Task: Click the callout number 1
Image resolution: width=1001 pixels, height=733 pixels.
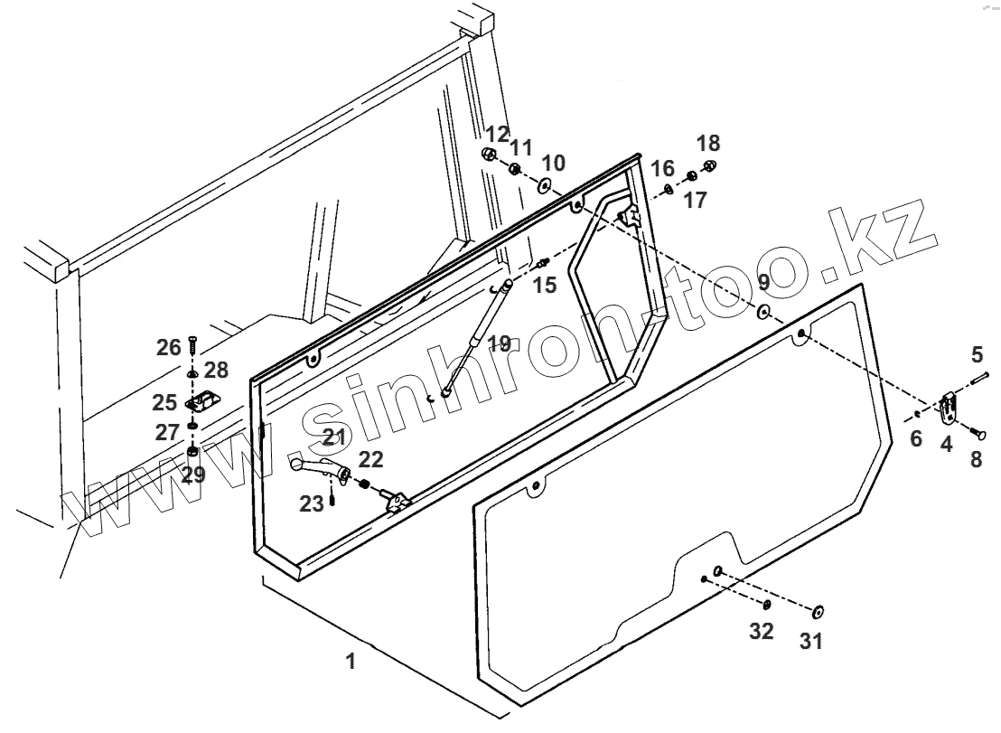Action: pos(351,662)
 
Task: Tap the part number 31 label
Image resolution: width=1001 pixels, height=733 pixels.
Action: pos(810,641)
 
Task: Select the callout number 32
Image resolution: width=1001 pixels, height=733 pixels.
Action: pos(762,631)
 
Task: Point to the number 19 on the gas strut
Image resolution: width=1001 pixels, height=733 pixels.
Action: pos(500,343)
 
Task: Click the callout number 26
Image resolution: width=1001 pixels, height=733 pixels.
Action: pos(169,347)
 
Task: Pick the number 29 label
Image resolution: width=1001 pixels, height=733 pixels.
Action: pos(193,475)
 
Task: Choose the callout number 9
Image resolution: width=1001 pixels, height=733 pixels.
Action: pos(763,282)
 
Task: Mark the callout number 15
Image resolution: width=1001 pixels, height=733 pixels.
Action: pos(545,285)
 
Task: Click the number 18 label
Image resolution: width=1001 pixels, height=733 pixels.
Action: pos(708,143)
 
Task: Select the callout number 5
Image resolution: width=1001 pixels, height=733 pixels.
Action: pos(977,352)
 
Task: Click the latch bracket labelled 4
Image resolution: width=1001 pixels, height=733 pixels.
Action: pos(947,409)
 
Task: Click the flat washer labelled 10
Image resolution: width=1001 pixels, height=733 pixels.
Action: pos(546,186)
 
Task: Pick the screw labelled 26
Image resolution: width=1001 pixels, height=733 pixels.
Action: pos(192,347)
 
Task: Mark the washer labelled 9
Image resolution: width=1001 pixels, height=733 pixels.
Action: pos(763,313)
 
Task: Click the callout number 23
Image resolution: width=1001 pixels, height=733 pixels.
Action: pos(312,504)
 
